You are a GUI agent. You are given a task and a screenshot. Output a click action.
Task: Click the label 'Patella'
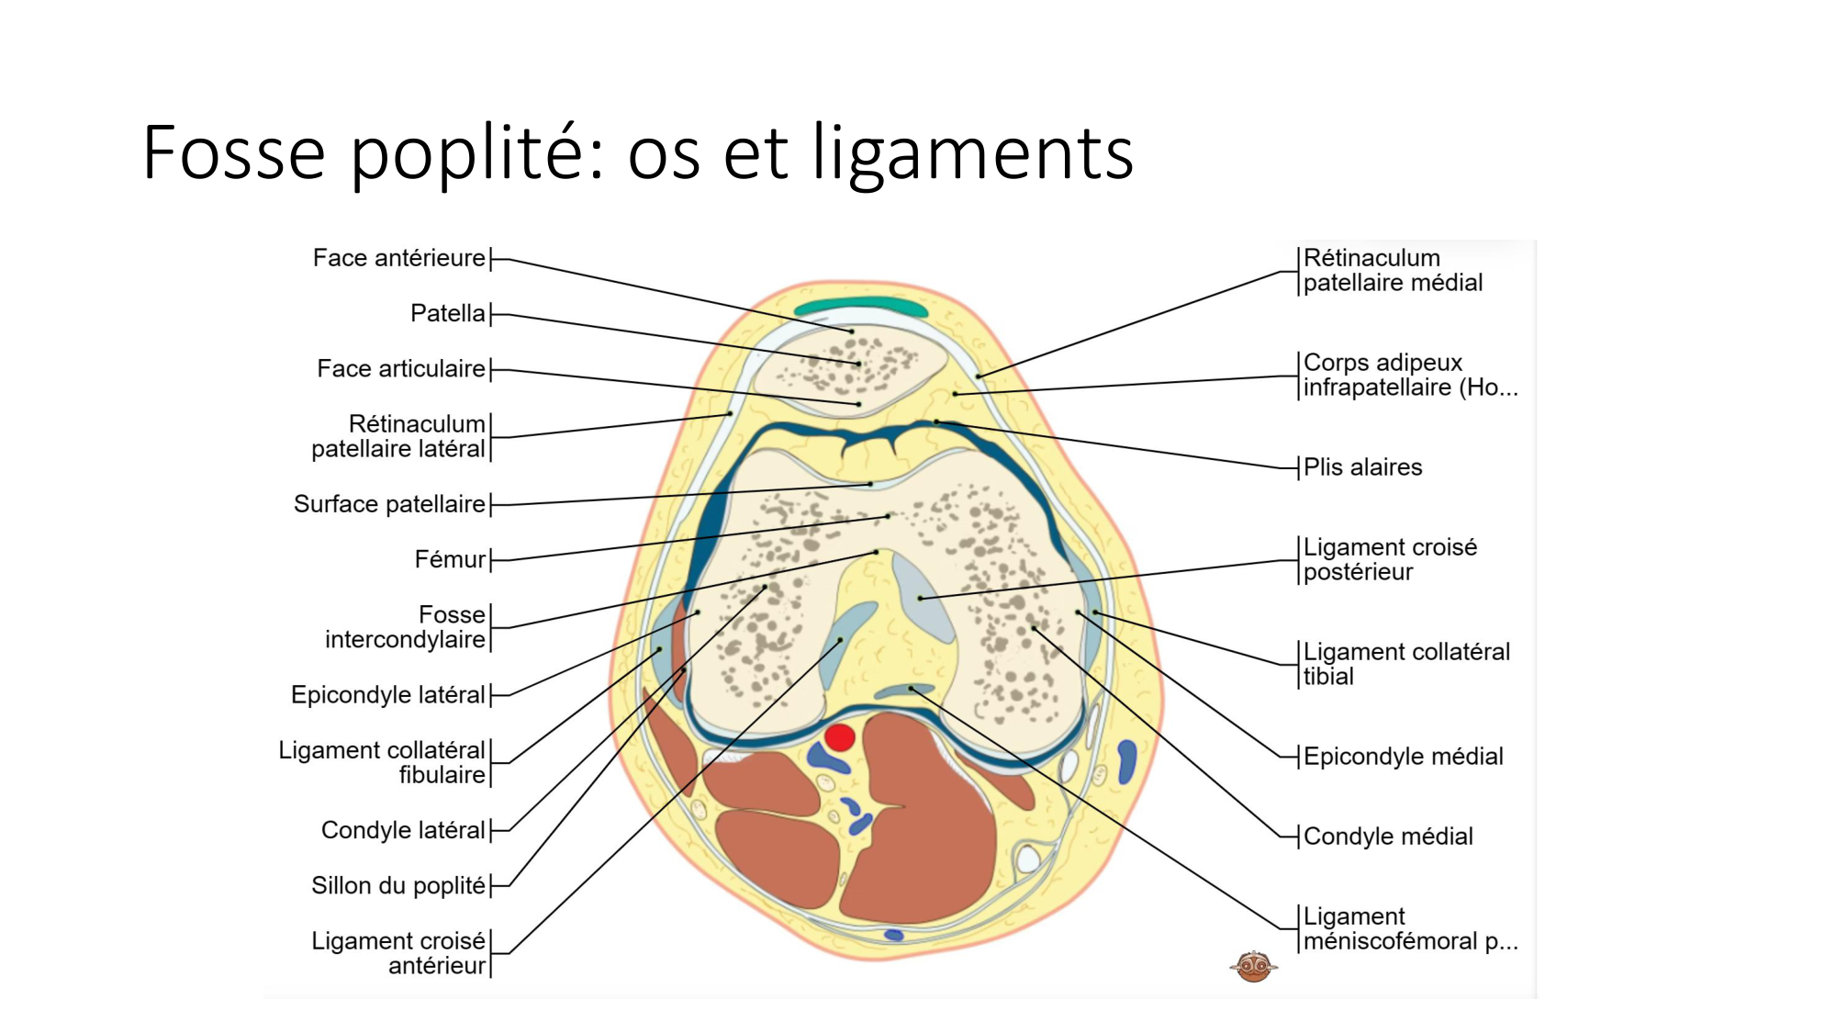tap(447, 314)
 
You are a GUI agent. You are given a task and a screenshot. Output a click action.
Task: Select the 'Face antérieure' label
tap(398, 259)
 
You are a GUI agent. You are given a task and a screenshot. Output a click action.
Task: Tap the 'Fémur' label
tap(449, 560)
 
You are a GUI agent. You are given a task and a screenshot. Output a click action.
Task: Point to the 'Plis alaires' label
tap(1362, 467)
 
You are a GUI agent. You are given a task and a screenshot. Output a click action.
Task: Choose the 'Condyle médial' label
tap(1387, 837)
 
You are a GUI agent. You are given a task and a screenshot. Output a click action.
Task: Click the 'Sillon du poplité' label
tap(397, 886)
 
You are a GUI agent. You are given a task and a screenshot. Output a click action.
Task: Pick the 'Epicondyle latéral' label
tap(387, 695)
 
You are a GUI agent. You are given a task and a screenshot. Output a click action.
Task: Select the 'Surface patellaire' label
tap(389, 504)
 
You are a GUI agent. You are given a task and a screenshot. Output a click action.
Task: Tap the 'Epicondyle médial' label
tap(1403, 757)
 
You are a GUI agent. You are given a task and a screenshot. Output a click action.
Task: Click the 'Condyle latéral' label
tap(402, 831)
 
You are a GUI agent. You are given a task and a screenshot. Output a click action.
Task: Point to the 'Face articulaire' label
tap(400, 369)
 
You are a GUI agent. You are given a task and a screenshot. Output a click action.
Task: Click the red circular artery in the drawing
tap(839, 737)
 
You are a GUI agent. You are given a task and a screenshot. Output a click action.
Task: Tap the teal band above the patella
tap(861, 306)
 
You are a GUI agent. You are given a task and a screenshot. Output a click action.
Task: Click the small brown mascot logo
tap(1253, 966)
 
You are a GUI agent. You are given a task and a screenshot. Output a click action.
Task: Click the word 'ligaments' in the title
tap(973, 152)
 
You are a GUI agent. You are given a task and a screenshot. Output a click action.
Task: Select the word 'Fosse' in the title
tap(234, 152)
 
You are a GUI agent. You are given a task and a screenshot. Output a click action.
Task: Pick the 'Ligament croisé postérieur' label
tap(1389, 560)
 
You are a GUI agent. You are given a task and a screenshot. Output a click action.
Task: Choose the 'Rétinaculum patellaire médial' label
tap(1392, 271)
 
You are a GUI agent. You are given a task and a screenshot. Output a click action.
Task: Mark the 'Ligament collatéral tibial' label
tap(1405, 665)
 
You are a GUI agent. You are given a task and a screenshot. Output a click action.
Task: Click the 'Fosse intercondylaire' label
tap(405, 627)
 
